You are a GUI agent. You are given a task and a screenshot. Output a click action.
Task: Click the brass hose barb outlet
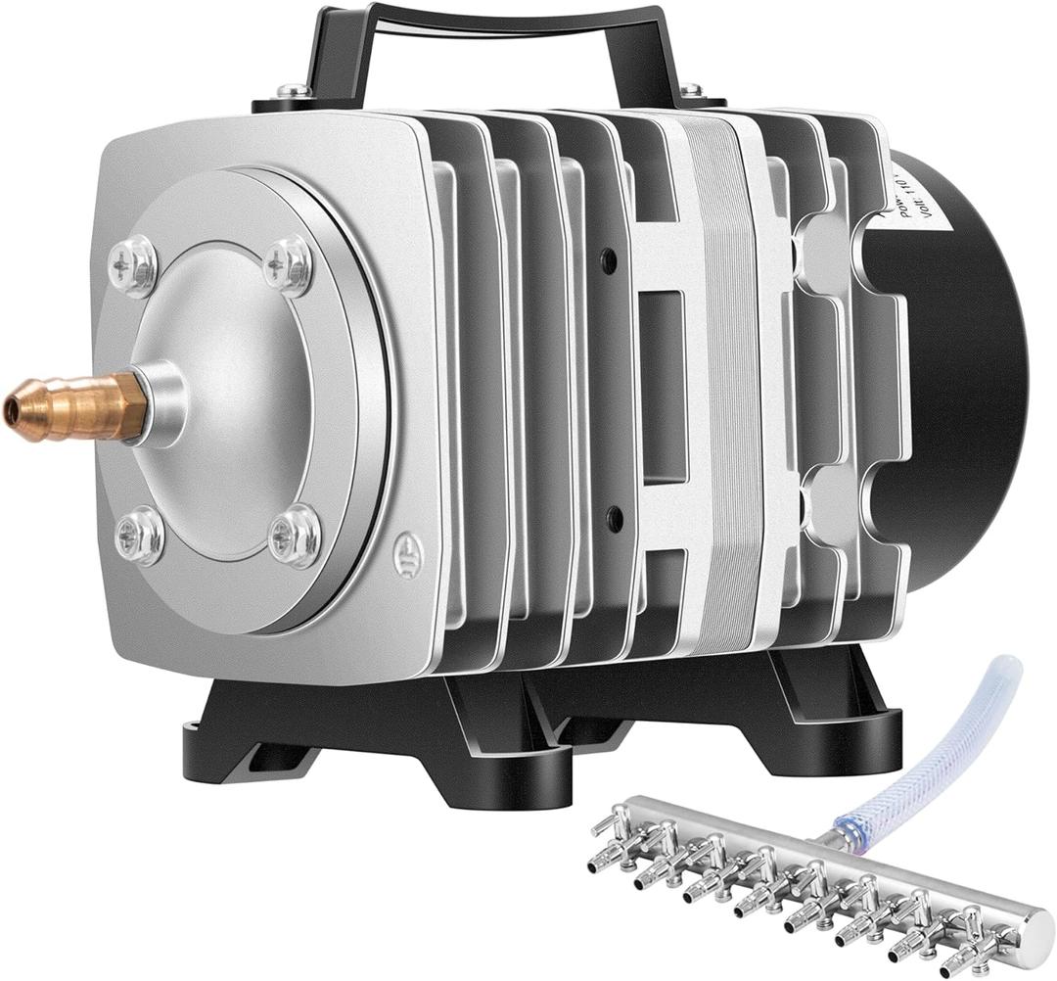pos(69,404)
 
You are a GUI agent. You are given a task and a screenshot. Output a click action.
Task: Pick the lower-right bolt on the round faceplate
pos(294,534)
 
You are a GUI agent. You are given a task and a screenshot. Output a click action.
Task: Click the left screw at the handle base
pos(294,91)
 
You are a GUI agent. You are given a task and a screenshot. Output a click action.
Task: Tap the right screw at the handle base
pos(691,90)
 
